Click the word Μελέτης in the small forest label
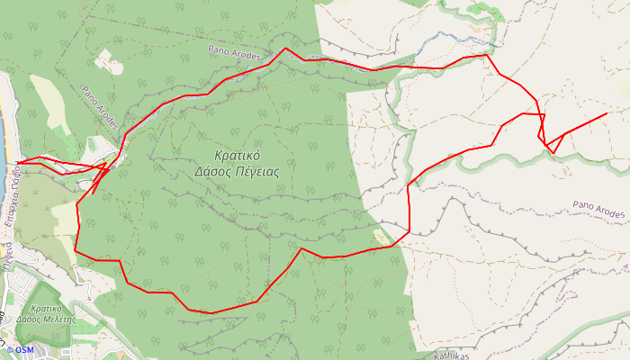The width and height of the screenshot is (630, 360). pos(58,319)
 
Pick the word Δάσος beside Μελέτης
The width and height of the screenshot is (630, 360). pos(28,319)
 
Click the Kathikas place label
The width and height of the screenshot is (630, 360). pos(451,355)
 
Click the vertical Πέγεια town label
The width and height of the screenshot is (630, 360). pos(6,256)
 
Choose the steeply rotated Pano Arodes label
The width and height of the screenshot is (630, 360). pos(99,106)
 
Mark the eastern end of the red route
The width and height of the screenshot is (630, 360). pos(607,113)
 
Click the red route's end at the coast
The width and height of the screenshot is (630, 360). pos(17,163)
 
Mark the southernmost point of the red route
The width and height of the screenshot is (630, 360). pos(212,313)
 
